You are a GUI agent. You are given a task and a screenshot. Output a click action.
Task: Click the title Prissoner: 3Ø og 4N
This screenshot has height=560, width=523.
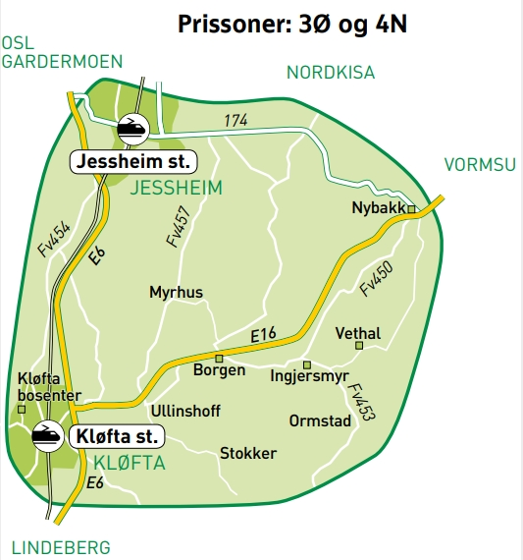(x=291, y=25)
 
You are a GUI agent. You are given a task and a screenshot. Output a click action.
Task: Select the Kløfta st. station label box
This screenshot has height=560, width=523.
(x=116, y=434)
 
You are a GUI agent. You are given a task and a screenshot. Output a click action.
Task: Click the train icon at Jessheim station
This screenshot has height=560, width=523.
(x=131, y=127)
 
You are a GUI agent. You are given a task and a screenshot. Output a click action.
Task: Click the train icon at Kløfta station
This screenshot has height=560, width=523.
(x=46, y=434)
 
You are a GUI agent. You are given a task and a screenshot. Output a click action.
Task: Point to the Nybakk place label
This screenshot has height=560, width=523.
(x=378, y=208)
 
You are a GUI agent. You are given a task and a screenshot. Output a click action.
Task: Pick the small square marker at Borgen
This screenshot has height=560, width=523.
(x=220, y=358)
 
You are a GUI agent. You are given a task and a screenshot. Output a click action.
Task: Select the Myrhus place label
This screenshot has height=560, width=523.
(x=176, y=292)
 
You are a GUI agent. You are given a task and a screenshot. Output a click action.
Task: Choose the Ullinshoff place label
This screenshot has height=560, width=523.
(x=185, y=411)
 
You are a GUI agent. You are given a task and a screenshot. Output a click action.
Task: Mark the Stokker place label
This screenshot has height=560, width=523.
(x=247, y=453)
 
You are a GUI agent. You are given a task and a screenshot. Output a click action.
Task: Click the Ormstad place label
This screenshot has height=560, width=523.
(x=320, y=420)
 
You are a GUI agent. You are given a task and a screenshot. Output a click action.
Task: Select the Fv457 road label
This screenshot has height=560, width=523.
(x=178, y=227)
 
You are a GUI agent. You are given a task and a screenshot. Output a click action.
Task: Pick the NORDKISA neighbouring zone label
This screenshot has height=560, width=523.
(x=331, y=72)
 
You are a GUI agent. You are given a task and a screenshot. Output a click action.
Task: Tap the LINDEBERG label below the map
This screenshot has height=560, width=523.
(x=61, y=547)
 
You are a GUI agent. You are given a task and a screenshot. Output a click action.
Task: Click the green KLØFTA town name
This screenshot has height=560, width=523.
(x=128, y=463)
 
